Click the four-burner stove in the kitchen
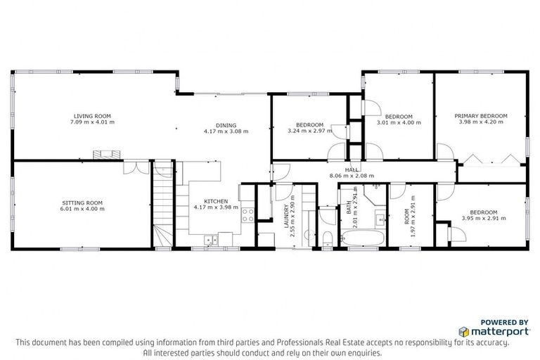coord(247,215)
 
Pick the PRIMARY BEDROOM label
coord(480,116)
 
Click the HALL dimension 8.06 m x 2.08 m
coord(352,176)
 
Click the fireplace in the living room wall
coord(107,154)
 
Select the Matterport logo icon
coord(465,330)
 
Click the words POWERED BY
coord(503,321)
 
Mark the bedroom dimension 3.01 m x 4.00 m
coord(399,123)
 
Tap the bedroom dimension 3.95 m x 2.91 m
coord(483,218)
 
